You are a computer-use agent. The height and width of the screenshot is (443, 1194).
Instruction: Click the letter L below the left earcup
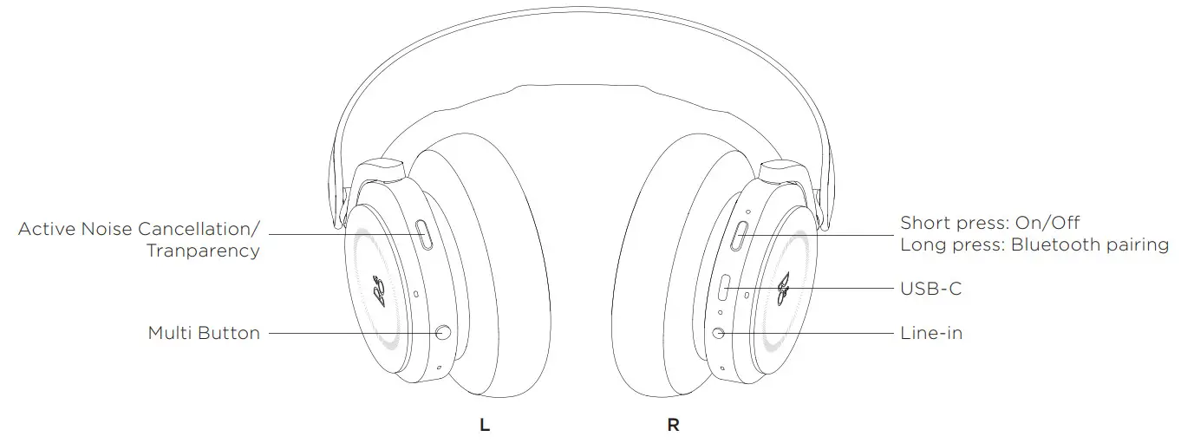point(486,426)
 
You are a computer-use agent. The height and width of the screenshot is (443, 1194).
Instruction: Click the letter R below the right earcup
point(673,426)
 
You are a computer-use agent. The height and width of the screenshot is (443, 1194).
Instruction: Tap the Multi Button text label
point(204,333)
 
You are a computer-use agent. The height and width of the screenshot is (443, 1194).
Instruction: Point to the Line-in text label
point(931,333)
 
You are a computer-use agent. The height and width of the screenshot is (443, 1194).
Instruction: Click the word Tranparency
point(203,251)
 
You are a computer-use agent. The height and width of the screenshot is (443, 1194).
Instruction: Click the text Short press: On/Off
point(989,224)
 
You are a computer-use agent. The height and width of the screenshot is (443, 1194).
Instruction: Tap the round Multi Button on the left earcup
point(444,332)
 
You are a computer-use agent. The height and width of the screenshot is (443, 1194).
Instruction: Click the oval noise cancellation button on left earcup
point(425,235)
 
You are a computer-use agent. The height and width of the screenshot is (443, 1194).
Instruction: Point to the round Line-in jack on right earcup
point(719,333)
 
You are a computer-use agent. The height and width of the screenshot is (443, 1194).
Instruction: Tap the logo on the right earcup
point(783,289)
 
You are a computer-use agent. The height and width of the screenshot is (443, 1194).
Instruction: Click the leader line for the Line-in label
point(806,333)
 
